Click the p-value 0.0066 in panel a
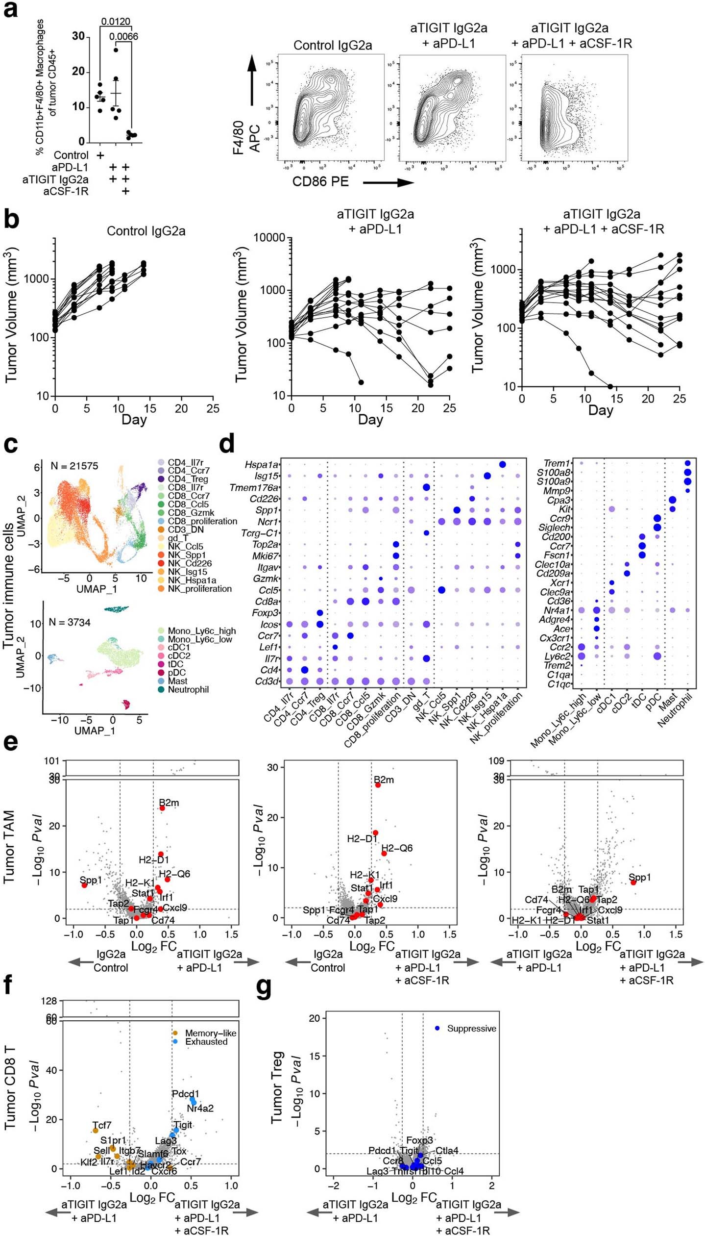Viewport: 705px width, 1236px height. [123, 37]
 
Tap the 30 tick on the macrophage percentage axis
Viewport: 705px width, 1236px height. [78, 36]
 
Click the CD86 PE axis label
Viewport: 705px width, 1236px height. [320, 182]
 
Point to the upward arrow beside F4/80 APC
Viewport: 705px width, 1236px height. [252, 81]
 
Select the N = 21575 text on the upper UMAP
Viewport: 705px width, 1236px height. [74, 466]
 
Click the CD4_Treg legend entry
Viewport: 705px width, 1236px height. [188, 479]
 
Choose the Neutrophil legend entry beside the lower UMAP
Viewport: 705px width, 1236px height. [188, 689]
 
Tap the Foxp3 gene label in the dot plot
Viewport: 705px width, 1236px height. [265, 613]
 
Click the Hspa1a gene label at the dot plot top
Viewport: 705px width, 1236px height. [262, 464]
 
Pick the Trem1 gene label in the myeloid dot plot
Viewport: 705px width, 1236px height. [557, 463]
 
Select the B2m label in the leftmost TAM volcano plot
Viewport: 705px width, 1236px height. [169, 803]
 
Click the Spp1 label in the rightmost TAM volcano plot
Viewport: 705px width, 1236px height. [639, 877]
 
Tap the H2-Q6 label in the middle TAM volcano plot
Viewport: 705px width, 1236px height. [397, 848]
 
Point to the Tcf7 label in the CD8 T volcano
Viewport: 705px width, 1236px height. [102, 1125]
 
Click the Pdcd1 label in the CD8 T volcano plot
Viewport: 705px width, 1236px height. [186, 1094]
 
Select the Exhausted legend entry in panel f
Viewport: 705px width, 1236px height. [206, 1042]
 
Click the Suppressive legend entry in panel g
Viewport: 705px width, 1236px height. [471, 1028]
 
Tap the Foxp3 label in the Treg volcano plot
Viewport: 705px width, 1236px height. [419, 1140]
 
